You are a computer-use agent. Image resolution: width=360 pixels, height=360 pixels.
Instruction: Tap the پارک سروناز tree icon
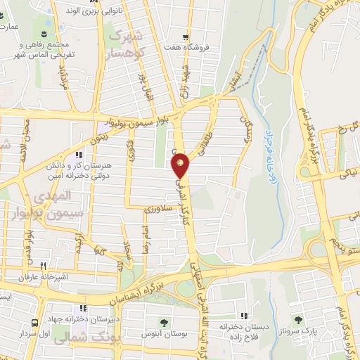297,320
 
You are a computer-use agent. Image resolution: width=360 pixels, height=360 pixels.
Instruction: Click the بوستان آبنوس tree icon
164,323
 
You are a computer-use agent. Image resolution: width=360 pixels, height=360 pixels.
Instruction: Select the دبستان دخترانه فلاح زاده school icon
244,316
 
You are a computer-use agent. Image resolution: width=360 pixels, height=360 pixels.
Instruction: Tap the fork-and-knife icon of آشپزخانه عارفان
43,266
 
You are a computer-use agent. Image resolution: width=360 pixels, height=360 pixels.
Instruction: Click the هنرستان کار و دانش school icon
79,155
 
